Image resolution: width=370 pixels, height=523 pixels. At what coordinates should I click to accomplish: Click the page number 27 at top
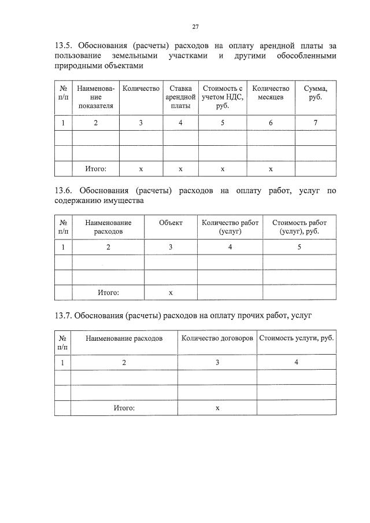[195, 27]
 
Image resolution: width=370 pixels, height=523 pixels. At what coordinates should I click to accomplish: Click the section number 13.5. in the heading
[64, 45]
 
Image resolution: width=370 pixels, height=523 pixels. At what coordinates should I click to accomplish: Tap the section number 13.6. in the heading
[64, 190]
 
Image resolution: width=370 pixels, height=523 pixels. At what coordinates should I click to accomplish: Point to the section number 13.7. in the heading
[64, 315]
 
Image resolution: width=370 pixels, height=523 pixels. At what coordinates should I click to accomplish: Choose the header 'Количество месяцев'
[271, 93]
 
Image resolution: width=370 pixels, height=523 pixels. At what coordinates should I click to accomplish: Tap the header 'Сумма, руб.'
[315, 93]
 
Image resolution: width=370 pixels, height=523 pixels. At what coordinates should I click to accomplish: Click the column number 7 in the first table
[315, 123]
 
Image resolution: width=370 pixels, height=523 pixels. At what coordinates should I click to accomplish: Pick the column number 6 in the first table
[271, 123]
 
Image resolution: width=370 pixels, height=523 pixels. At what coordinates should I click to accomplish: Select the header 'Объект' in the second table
[171, 223]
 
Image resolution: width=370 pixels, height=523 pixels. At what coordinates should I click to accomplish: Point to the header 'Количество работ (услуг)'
[230, 227]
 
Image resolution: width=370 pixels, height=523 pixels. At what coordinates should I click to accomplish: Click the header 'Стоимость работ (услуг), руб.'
[299, 227]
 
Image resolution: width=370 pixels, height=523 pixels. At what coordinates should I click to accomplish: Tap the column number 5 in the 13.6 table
[299, 247]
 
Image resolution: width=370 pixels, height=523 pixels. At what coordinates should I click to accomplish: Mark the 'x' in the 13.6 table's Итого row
[171, 293]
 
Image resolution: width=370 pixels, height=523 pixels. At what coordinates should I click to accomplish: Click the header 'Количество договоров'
[217, 337]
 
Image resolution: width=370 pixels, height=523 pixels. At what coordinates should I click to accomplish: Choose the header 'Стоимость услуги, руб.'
[296, 337]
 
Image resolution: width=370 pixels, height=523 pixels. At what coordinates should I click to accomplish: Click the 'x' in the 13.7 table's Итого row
[217, 408]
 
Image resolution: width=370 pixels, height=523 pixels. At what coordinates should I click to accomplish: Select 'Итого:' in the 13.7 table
[124, 408]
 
